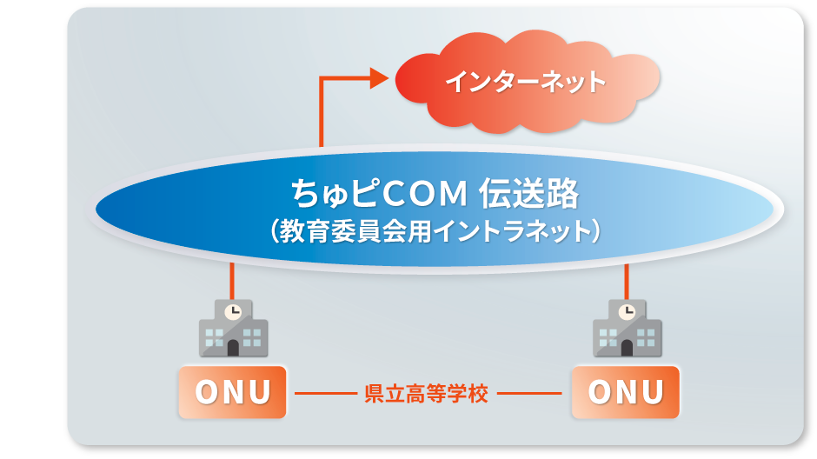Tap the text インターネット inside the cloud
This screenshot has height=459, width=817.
pyautogui.click(x=525, y=82)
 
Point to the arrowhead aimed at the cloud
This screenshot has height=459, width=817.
pyautogui.click(x=377, y=78)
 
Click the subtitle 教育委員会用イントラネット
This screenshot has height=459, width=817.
pyautogui.click(x=435, y=232)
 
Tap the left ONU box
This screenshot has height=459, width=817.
pyautogui.click(x=233, y=392)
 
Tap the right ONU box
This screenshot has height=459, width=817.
pyautogui.click(x=626, y=392)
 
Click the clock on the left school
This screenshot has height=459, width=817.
pyautogui.click(x=232, y=310)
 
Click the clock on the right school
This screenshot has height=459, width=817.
pyautogui.click(x=626, y=310)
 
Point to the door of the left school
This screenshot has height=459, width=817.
pyautogui.click(x=233, y=348)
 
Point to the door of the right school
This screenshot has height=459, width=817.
pyautogui.click(x=627, y=348)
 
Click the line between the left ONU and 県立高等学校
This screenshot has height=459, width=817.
pyautogui.click(x=325, y=393)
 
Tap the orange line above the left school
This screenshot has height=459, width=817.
pyautogui.click(x=232, y=280)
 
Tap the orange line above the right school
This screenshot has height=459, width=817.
pyautogui.click(x=626, y=280)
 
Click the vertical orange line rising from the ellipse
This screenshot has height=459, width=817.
pyautogui.click(x=322, y=113)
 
